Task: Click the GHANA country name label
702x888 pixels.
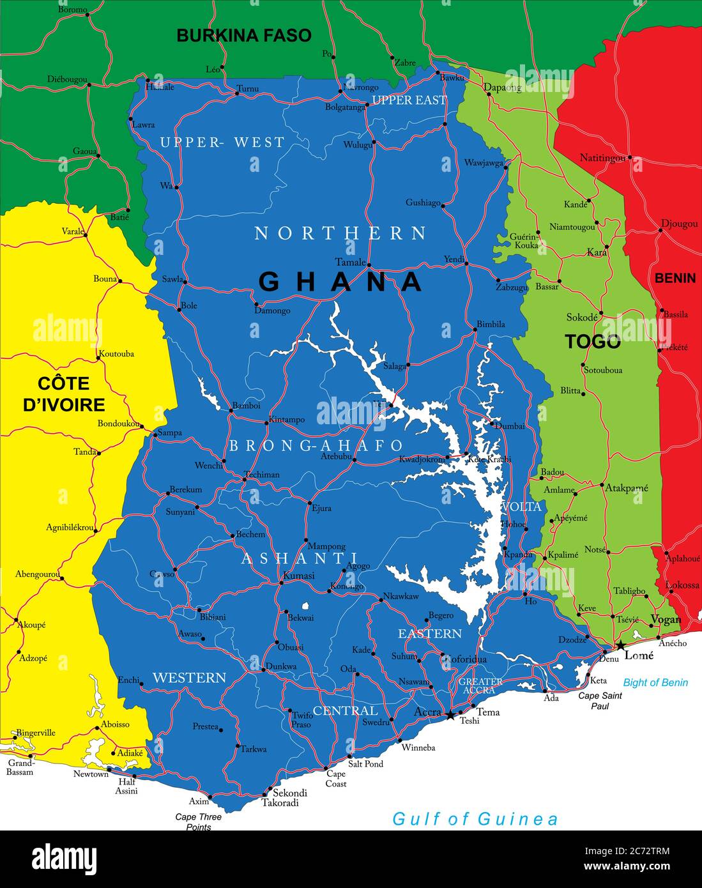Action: click(340, 282)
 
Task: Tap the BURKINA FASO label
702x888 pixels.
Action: click(243, 35)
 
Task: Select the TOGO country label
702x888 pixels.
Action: click(592, 342)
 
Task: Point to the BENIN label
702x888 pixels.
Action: click(675, 278)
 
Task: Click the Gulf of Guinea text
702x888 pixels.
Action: click(475, 819)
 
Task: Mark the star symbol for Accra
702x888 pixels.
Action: click(450, 715)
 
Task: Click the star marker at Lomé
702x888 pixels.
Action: click(620, 645)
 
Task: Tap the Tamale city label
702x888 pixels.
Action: click(350, 262)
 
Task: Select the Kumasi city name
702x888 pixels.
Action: click(299, 576)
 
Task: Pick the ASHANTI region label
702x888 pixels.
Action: click(299, 559)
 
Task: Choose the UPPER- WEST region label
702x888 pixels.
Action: click(222, 142)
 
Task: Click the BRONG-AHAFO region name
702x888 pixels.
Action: click(316, 445)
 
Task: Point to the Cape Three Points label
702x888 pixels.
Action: click(199, 822)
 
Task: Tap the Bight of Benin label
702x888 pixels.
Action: click(655, 682)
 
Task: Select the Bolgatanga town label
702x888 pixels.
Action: click(345, 107)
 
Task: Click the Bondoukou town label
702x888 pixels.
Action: click(118, 424)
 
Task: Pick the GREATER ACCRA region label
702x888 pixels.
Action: click(480, 686)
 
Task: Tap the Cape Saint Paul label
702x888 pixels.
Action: click(600, 701)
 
